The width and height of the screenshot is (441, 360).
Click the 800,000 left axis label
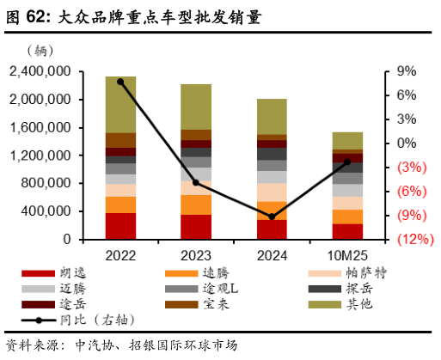48,183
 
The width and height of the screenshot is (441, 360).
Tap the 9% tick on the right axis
406,72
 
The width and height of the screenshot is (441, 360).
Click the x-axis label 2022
121,255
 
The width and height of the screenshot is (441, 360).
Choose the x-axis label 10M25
346,255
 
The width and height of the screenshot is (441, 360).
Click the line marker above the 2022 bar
120,82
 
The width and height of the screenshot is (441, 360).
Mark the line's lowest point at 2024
272,217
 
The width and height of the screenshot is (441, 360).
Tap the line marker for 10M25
347,162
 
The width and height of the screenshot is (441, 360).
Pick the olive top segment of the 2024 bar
272,116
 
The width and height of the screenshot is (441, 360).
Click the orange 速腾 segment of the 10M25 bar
347,217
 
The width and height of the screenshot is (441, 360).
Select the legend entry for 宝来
215,304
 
